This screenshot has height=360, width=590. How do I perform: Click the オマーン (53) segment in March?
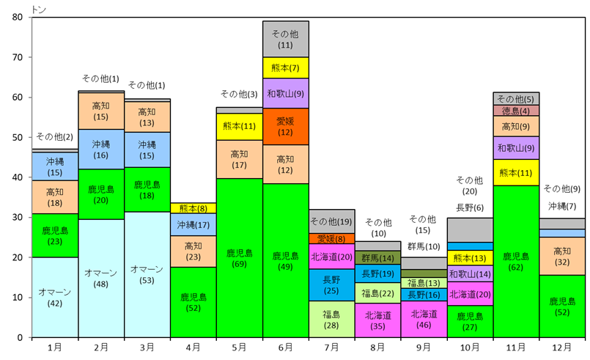tap(147, 274)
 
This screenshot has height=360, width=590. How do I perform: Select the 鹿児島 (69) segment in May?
tap(240, 257)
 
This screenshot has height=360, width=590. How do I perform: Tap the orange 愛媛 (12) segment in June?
tap(286, 126)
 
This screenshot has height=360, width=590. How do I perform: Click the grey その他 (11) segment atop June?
tap(286, 39)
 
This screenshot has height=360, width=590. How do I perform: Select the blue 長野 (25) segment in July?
tap(332, 284)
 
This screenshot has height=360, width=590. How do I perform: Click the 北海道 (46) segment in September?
tap(424, 319)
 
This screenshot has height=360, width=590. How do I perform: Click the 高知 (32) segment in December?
tap(563, 255)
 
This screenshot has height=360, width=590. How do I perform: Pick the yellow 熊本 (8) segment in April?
tap(193, 207)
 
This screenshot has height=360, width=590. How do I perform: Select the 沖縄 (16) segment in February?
tap(101, 150)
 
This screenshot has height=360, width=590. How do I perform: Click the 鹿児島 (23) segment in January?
tap(55, 235)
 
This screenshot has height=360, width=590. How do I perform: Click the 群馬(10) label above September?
tap(424, 247)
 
